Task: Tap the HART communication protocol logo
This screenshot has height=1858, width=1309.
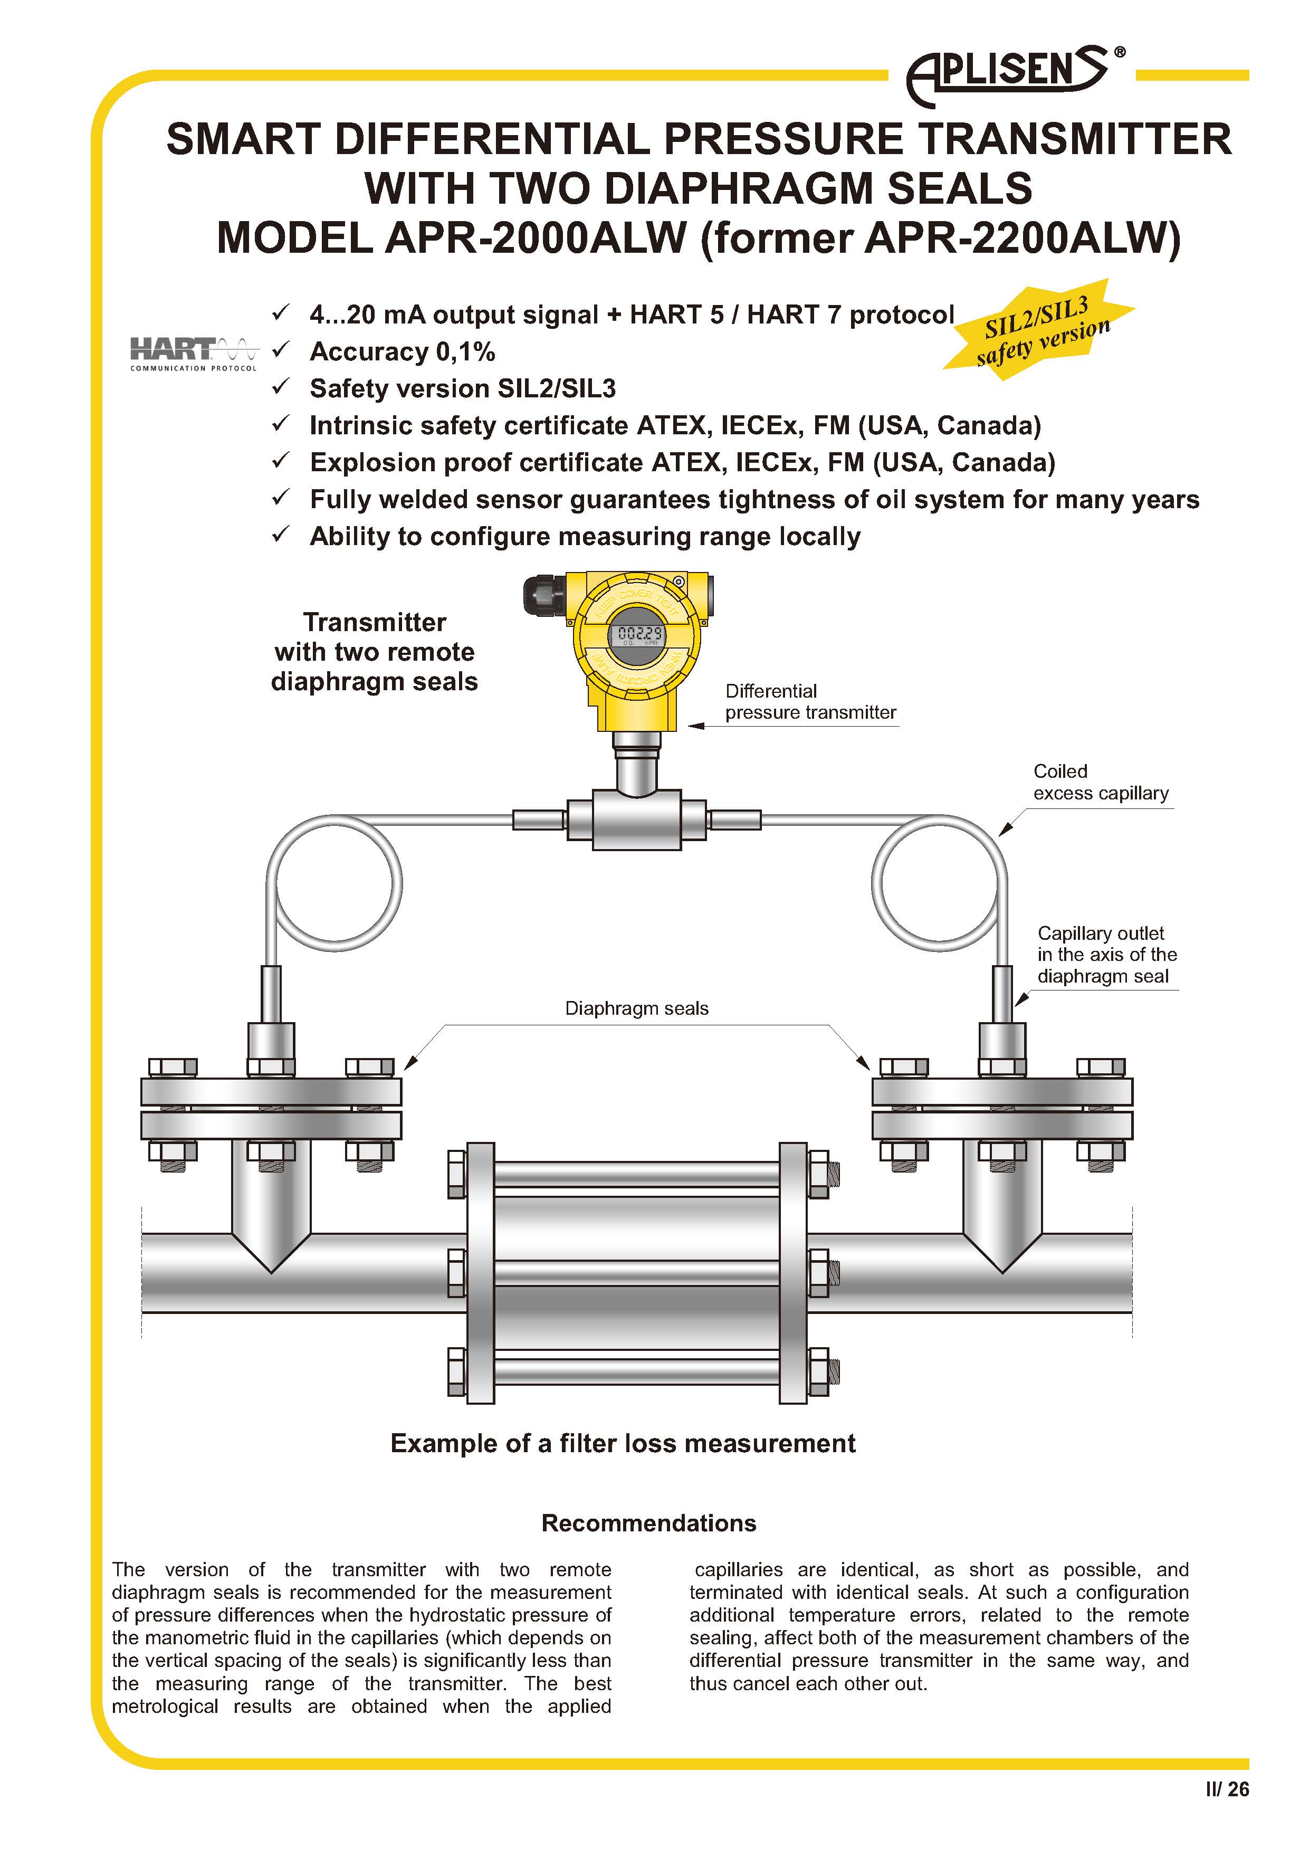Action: (x=193, y=354)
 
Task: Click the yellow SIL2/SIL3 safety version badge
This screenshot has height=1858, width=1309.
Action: (x=1039, y=330)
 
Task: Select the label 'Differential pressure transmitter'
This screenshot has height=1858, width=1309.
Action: (x=810, y=702)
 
